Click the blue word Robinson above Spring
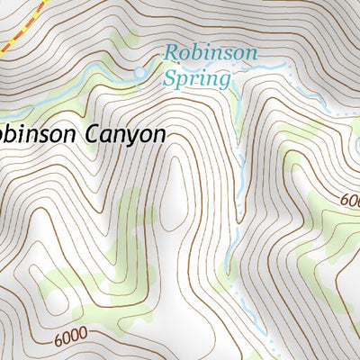tap(210, 54)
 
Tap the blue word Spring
tap(196, 78)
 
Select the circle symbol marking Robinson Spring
tap(139, 71)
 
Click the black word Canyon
tap(124, 134)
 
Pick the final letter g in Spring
tap(223, 82)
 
